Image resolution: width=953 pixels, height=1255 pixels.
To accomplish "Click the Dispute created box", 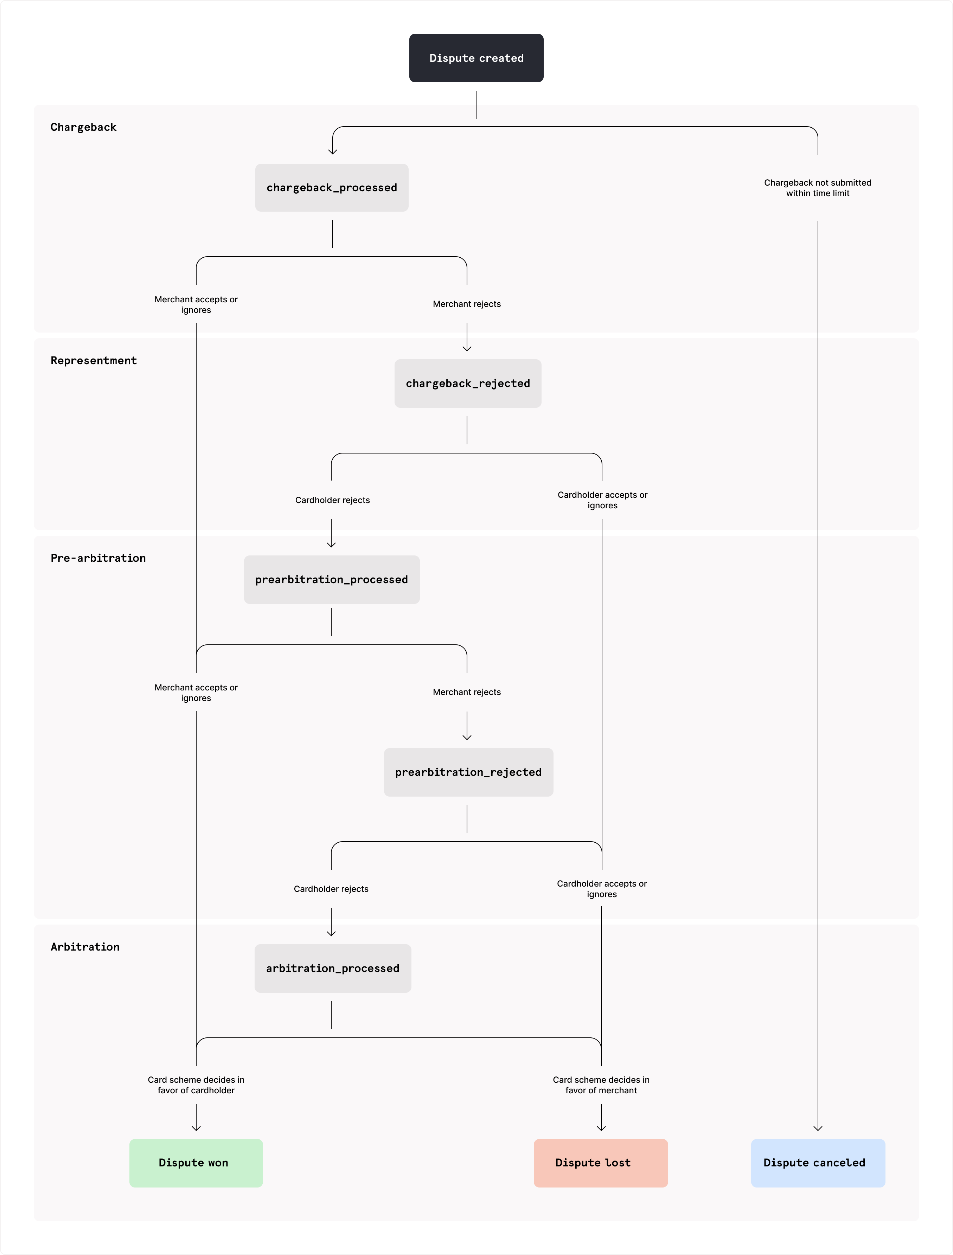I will tap(476, 58).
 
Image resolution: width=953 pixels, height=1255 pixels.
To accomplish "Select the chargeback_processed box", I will tap(332, 188).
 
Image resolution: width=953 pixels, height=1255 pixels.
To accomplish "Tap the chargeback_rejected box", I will tap(468, 384).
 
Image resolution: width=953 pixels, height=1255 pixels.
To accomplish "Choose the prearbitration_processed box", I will tap(332, 579).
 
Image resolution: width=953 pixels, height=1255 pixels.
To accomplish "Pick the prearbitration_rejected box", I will tap(468, 772).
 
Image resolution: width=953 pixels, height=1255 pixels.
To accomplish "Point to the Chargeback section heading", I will tap(83, 127).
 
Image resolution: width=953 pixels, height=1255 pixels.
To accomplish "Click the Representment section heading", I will tap(94, 361).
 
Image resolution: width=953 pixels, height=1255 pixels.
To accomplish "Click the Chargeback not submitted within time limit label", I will tap(817, 188).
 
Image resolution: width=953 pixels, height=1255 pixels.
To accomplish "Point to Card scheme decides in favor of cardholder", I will tap(196, 1085).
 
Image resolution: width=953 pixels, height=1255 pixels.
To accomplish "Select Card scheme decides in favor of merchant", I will tap(601, 1085).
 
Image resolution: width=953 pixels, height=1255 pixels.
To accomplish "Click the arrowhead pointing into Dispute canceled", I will tap(818, 1128).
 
